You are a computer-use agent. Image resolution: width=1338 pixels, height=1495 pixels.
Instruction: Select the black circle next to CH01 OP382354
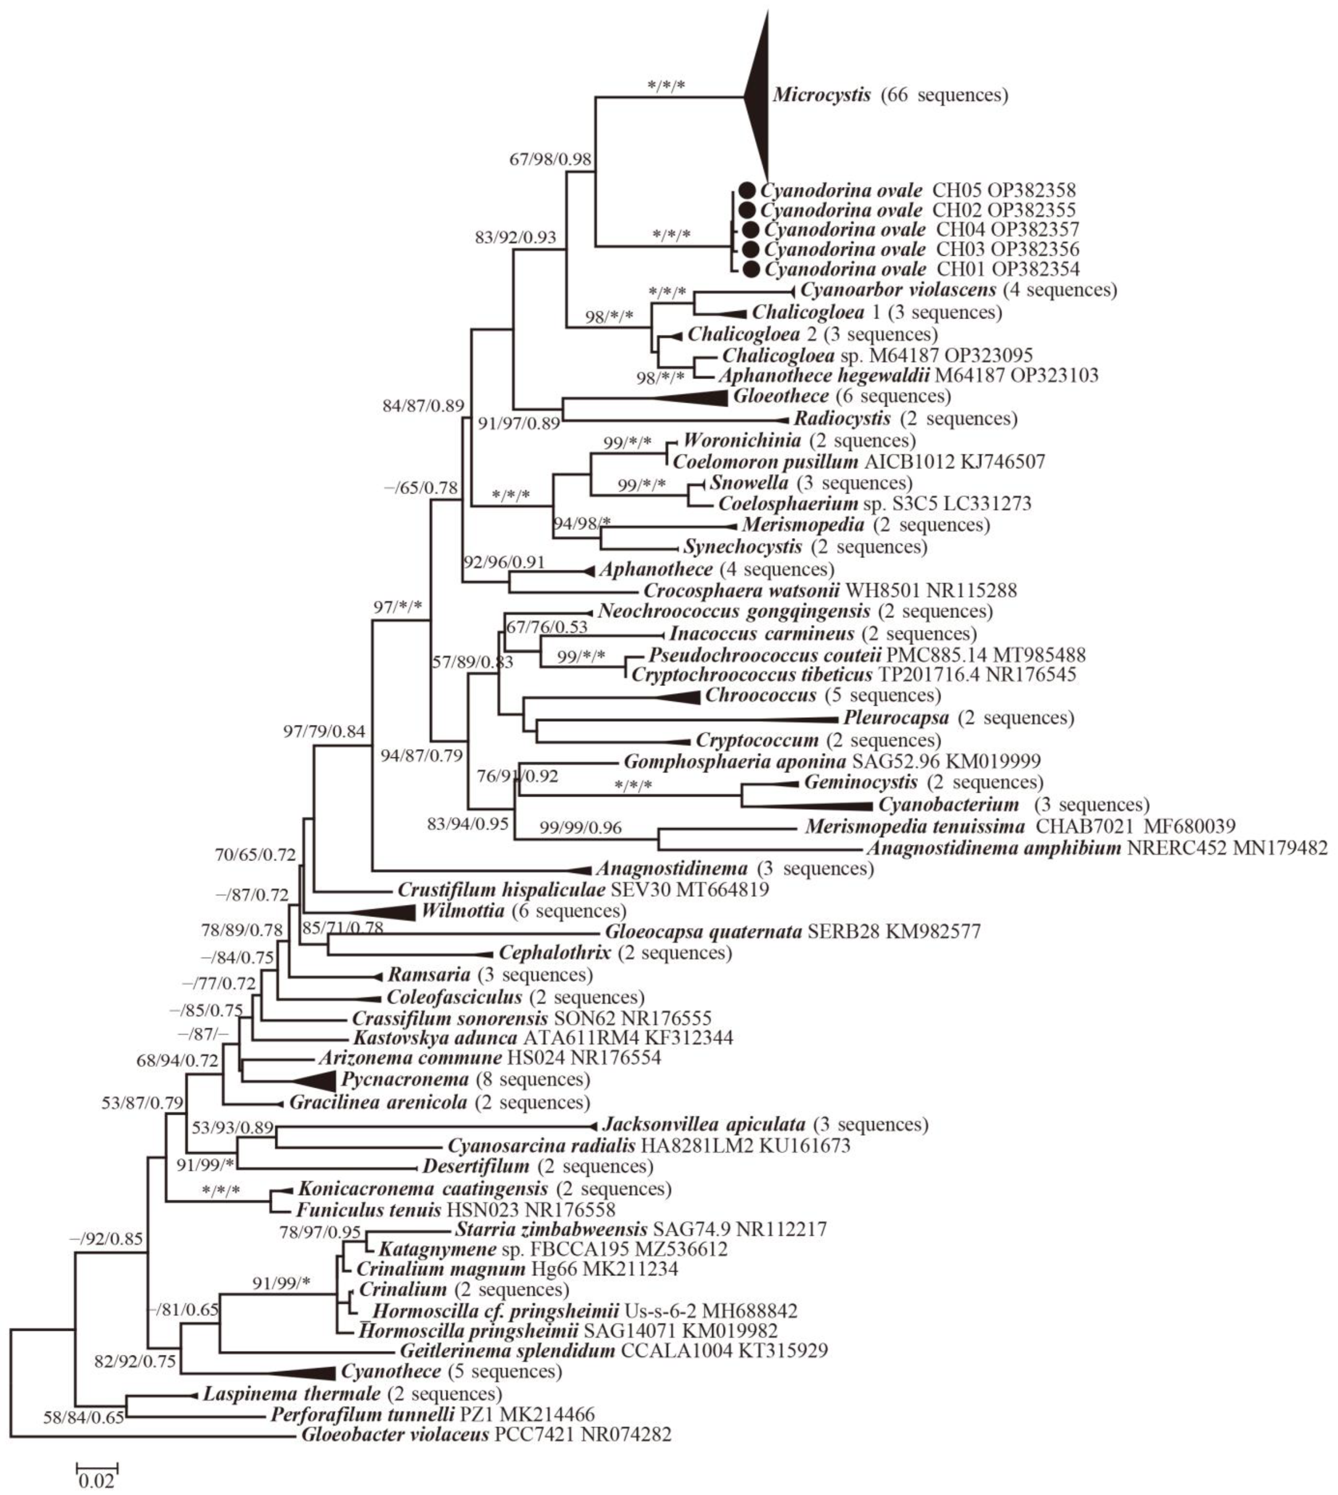point(751,269)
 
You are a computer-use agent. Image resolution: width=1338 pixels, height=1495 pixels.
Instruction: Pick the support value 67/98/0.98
point(550,159)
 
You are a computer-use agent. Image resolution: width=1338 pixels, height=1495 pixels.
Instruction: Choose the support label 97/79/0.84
point(324,731)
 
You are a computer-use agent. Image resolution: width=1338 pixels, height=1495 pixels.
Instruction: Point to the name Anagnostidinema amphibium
point(993,848)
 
